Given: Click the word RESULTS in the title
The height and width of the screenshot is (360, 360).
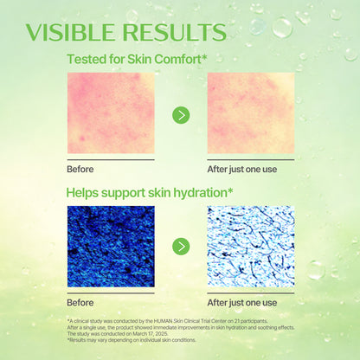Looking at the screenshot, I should pyautogui.click(x=177, y=32).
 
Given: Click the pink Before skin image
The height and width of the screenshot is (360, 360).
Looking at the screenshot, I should pyautogui.click(x=111, y=113).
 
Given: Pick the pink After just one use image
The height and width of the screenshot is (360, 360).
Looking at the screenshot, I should pyautogui.click(x=250, y=113).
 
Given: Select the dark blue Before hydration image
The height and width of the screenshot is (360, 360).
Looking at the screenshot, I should pyautogui.click(x=111, y=246).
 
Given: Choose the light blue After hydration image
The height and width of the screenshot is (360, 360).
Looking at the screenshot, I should pyautogui.click(x=250, y=246).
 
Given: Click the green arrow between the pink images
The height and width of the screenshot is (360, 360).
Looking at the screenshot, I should pyautogui.click(x=181, y=114).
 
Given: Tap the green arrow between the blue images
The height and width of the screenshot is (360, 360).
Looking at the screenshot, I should pyautogui.click(x=181, y=247).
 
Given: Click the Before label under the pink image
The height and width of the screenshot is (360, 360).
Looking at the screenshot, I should pyautogui.click(x=80, y=170).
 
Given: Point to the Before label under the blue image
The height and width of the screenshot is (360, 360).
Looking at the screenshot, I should pyautogui.click(x=80, y=302).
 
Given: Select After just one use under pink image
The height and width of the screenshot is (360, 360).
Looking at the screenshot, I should pyautogui.click(x=242, y=170).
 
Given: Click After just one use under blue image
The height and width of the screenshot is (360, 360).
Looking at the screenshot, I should pyautogui.click(x=242, y=302).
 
